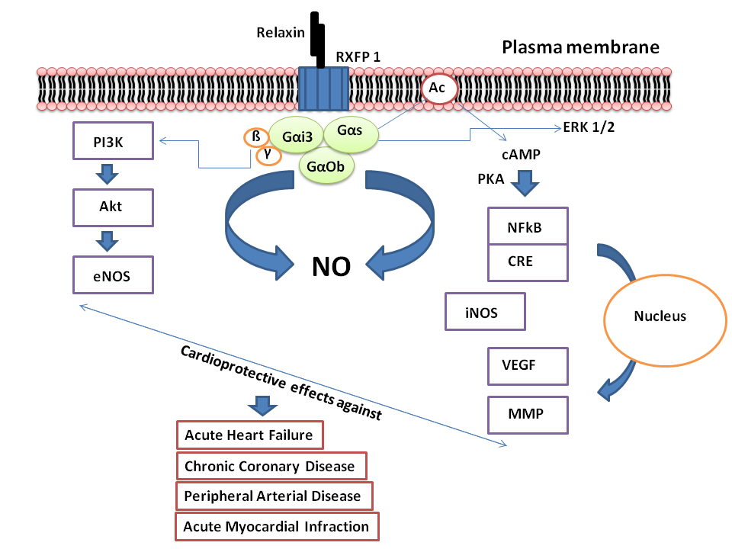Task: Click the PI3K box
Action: [114, 141]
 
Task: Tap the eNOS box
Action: [114, 275]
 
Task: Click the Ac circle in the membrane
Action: [438, 88]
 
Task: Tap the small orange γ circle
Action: [268, 156]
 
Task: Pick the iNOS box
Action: [485, 312]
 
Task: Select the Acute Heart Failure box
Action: [249, 436]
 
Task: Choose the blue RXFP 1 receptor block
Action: [323, 90]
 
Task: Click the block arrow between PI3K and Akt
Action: [114, 173]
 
